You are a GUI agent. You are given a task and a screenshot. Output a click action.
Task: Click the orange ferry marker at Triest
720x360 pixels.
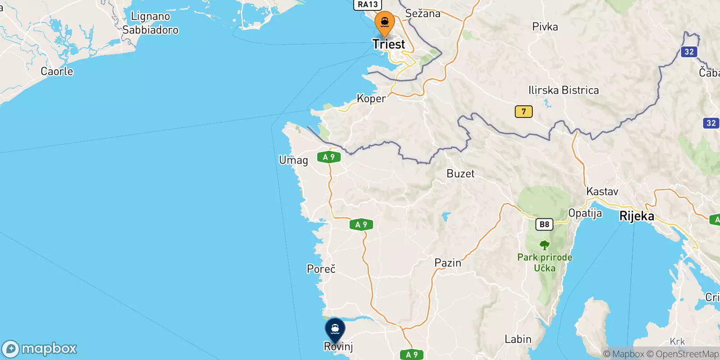385,23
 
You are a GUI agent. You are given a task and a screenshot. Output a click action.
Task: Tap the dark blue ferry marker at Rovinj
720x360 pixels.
335,330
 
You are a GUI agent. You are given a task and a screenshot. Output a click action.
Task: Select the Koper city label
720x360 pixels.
371,99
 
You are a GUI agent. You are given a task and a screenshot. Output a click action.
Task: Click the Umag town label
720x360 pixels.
293,160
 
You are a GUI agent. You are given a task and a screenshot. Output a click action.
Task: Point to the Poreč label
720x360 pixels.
321,269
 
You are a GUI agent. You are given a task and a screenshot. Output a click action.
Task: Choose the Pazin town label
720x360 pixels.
448,263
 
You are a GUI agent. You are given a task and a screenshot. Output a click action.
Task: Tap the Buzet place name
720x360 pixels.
460,174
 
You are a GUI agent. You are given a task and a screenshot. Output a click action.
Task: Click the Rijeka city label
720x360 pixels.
637,216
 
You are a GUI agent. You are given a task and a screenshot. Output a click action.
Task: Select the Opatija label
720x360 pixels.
585,213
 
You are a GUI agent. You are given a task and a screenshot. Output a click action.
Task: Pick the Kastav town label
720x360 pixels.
602,192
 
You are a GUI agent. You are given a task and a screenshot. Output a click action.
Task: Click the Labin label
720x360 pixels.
518,339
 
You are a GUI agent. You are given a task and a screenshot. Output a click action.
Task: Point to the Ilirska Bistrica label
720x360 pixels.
563,90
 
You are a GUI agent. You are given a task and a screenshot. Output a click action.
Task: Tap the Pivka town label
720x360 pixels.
545,27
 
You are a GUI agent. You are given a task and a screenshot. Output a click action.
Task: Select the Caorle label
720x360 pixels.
57,72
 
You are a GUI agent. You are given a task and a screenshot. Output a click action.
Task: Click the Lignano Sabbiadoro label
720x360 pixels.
150,23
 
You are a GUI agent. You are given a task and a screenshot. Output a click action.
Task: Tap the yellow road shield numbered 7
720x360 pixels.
523,111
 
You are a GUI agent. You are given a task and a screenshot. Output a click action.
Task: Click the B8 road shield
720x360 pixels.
544,224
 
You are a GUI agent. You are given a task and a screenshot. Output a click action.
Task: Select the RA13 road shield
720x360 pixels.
368,4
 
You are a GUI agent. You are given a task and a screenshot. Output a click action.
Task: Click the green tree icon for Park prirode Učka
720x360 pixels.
544,245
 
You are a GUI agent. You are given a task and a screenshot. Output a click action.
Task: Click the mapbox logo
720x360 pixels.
40,349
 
